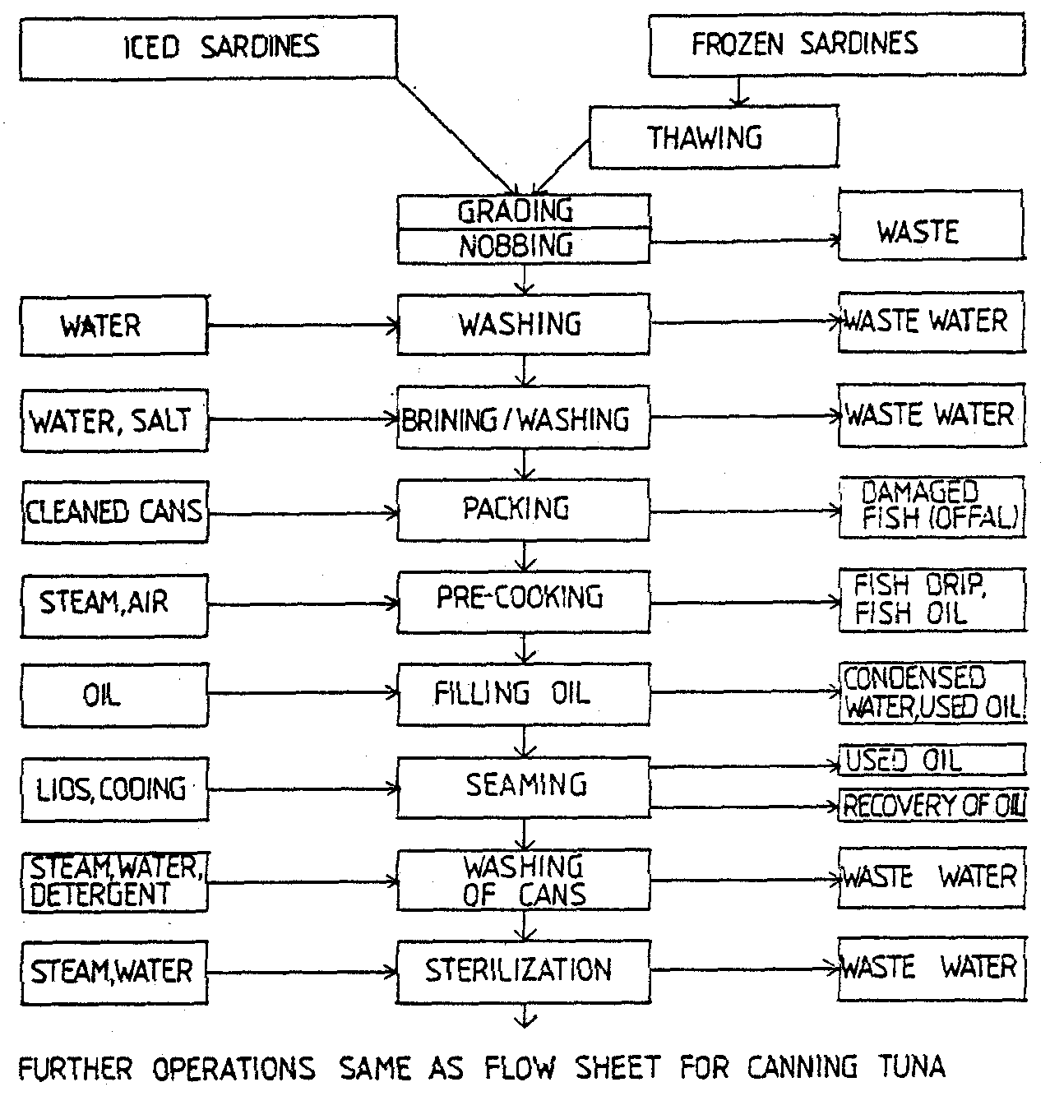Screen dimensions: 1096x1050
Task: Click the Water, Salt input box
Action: click(x=113, y=422)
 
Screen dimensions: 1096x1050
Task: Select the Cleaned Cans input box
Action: click(x=113, y=512)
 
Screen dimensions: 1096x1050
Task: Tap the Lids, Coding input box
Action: click(x=113, y=789)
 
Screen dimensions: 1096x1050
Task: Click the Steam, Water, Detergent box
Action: click(x=113, y=881)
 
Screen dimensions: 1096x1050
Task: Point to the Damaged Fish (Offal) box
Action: click(x=932, y=506)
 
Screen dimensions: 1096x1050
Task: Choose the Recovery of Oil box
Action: click(x=932, y=807)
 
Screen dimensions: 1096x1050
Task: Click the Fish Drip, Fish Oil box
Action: click(x=932, y=600)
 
